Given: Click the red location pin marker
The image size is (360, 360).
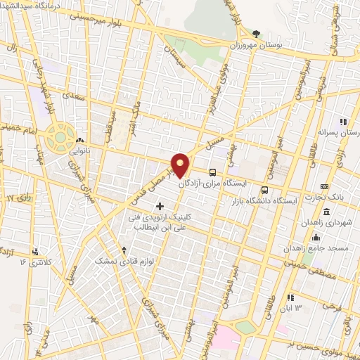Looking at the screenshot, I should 181,165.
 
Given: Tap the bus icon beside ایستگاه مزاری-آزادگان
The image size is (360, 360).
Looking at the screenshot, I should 212,172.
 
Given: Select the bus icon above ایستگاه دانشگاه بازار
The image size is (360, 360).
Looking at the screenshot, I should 264,190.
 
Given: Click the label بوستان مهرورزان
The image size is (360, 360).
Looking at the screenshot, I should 256,44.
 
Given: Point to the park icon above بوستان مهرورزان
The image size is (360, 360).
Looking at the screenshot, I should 256,33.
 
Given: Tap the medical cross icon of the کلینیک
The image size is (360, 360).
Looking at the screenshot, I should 160,206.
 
